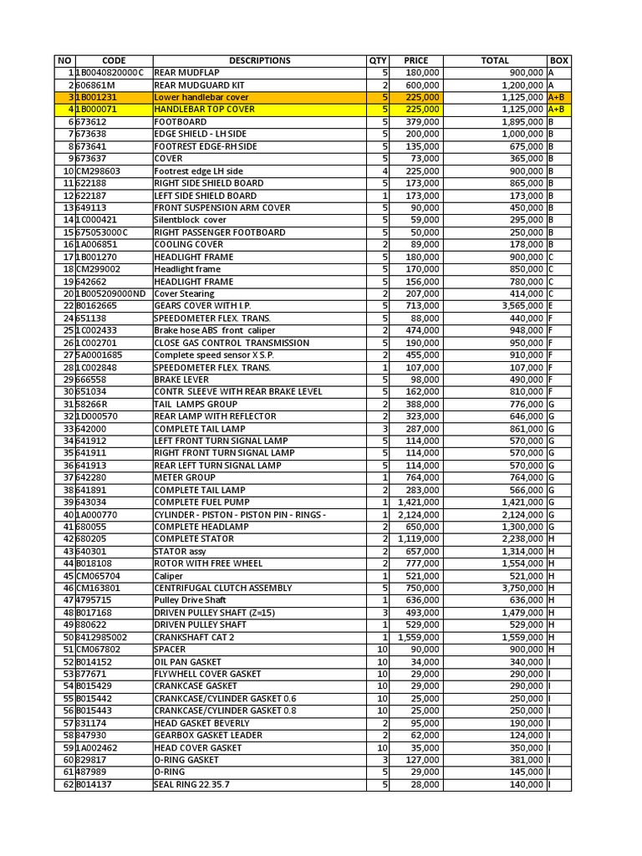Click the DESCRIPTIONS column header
pos(259,60)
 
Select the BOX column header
pos(559,60)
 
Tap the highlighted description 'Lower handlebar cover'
pos(201,97)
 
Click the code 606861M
pos(95,85)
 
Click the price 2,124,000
pos(419,514)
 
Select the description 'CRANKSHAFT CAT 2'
pos(193,637)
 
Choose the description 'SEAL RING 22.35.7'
pos(191,784)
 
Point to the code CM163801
pos(98,588)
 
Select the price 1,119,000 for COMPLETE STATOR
pos(419,539)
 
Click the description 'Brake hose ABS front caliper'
pos(214,330)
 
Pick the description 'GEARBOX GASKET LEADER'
pos(207,735)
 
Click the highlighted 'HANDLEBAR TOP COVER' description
pos(205,110)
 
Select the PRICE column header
pos(416,60)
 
